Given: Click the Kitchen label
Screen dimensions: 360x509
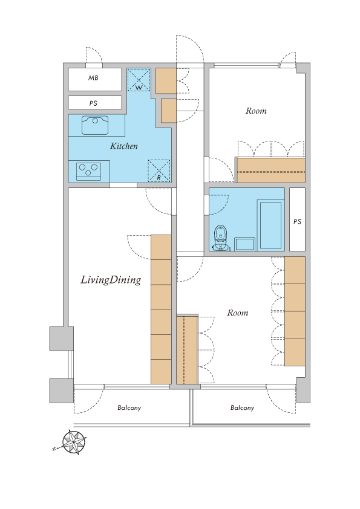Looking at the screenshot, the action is tap(124, 146).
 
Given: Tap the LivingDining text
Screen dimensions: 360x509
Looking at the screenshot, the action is tap(111, 280).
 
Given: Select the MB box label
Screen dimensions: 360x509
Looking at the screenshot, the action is tap(93, 78).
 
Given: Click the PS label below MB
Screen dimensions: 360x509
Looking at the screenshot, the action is tap(93, 103).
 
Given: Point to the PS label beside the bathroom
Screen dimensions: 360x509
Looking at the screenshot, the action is tap(297, 222).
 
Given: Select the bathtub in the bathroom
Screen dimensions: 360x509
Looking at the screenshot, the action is tap(270, 225).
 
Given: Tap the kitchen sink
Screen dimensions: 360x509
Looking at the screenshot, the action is tap(95, 125).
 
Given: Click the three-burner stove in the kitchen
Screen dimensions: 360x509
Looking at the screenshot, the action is tap(89, 172).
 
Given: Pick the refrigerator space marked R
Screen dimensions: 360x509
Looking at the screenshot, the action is tap(159, 170).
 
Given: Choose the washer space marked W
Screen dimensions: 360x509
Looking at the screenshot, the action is tap(139, 80).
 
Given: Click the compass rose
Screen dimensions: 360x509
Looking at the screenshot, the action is tap(74, 442).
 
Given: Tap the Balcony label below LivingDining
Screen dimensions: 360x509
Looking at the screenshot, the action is tap(129, 408).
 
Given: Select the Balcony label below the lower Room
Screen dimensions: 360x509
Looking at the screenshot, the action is tap(243, 408).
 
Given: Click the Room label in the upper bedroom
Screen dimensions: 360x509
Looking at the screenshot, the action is tap(256, 111).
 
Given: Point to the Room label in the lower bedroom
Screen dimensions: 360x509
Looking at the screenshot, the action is tap(238, 313).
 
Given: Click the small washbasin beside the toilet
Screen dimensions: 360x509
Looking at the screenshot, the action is tap(244, 244).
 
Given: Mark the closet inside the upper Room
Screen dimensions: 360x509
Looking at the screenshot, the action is tap(271, 170).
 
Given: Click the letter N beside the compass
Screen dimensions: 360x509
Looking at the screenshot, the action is tap(54, 449).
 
